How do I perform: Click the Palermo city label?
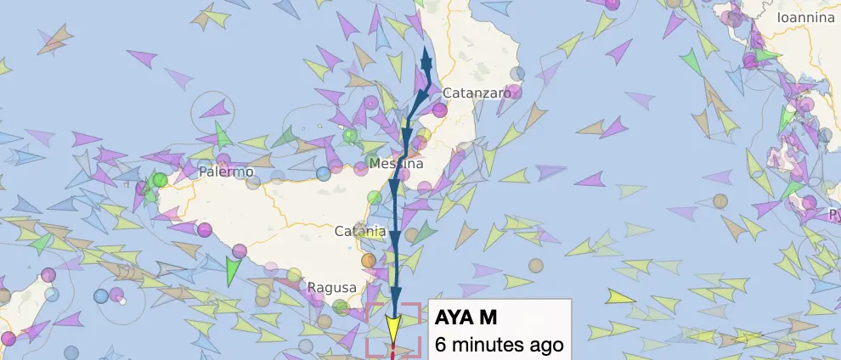click(227, 172)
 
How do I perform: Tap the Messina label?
click(396, 164)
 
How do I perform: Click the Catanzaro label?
click(478, 93)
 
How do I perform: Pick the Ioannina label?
click(806, 17)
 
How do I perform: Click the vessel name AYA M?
click(465, 318)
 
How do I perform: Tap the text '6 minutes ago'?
click(499, 345)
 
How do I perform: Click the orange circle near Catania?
click(368, 260)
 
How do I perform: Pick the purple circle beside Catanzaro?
click(439, 110)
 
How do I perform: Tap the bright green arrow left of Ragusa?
click(234, 271)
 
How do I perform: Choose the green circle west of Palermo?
click(160, 180)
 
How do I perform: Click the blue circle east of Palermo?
click(323, 173)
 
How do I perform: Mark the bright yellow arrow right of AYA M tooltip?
click(622, 297)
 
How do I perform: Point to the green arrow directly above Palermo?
click(223, 134)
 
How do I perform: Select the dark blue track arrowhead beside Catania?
click(395, 236)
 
